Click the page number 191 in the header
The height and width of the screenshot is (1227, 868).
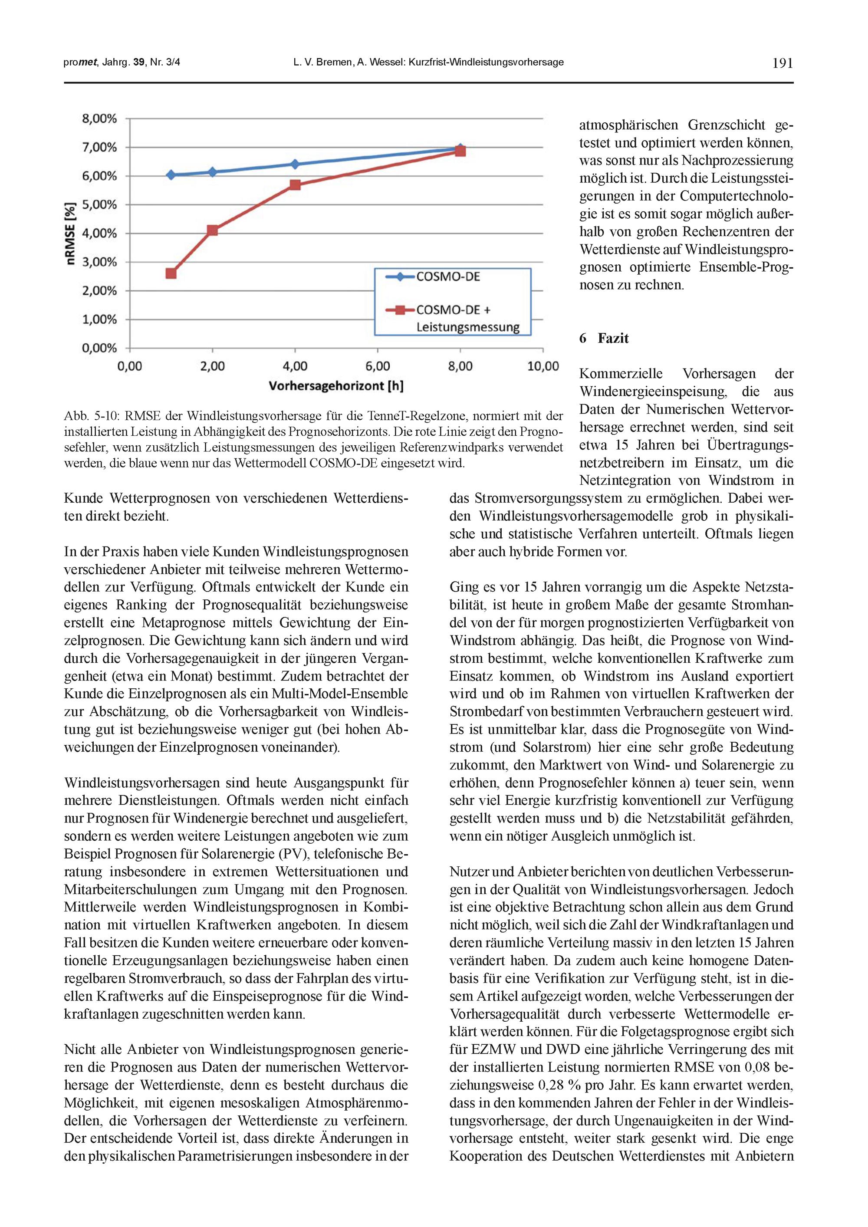(x=783, y=63)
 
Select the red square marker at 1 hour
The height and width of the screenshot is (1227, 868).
(x=171, y=273)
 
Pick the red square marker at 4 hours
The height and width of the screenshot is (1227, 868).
(x=295, y=185)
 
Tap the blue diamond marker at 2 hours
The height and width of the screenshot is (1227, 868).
(x=212, y=172)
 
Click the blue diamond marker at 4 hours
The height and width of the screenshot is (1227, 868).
(x=295, y=164)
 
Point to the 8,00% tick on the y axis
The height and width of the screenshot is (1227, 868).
(x=99, y=118)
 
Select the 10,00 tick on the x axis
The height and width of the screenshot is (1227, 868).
(x=543, y=367)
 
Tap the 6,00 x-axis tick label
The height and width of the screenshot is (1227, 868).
(x=377, y=367)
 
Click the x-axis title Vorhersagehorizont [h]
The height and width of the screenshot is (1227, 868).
(x=335, y=386)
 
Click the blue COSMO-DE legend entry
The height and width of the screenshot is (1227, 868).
(x=448, y=276)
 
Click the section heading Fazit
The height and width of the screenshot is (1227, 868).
(x=613, y=338)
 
